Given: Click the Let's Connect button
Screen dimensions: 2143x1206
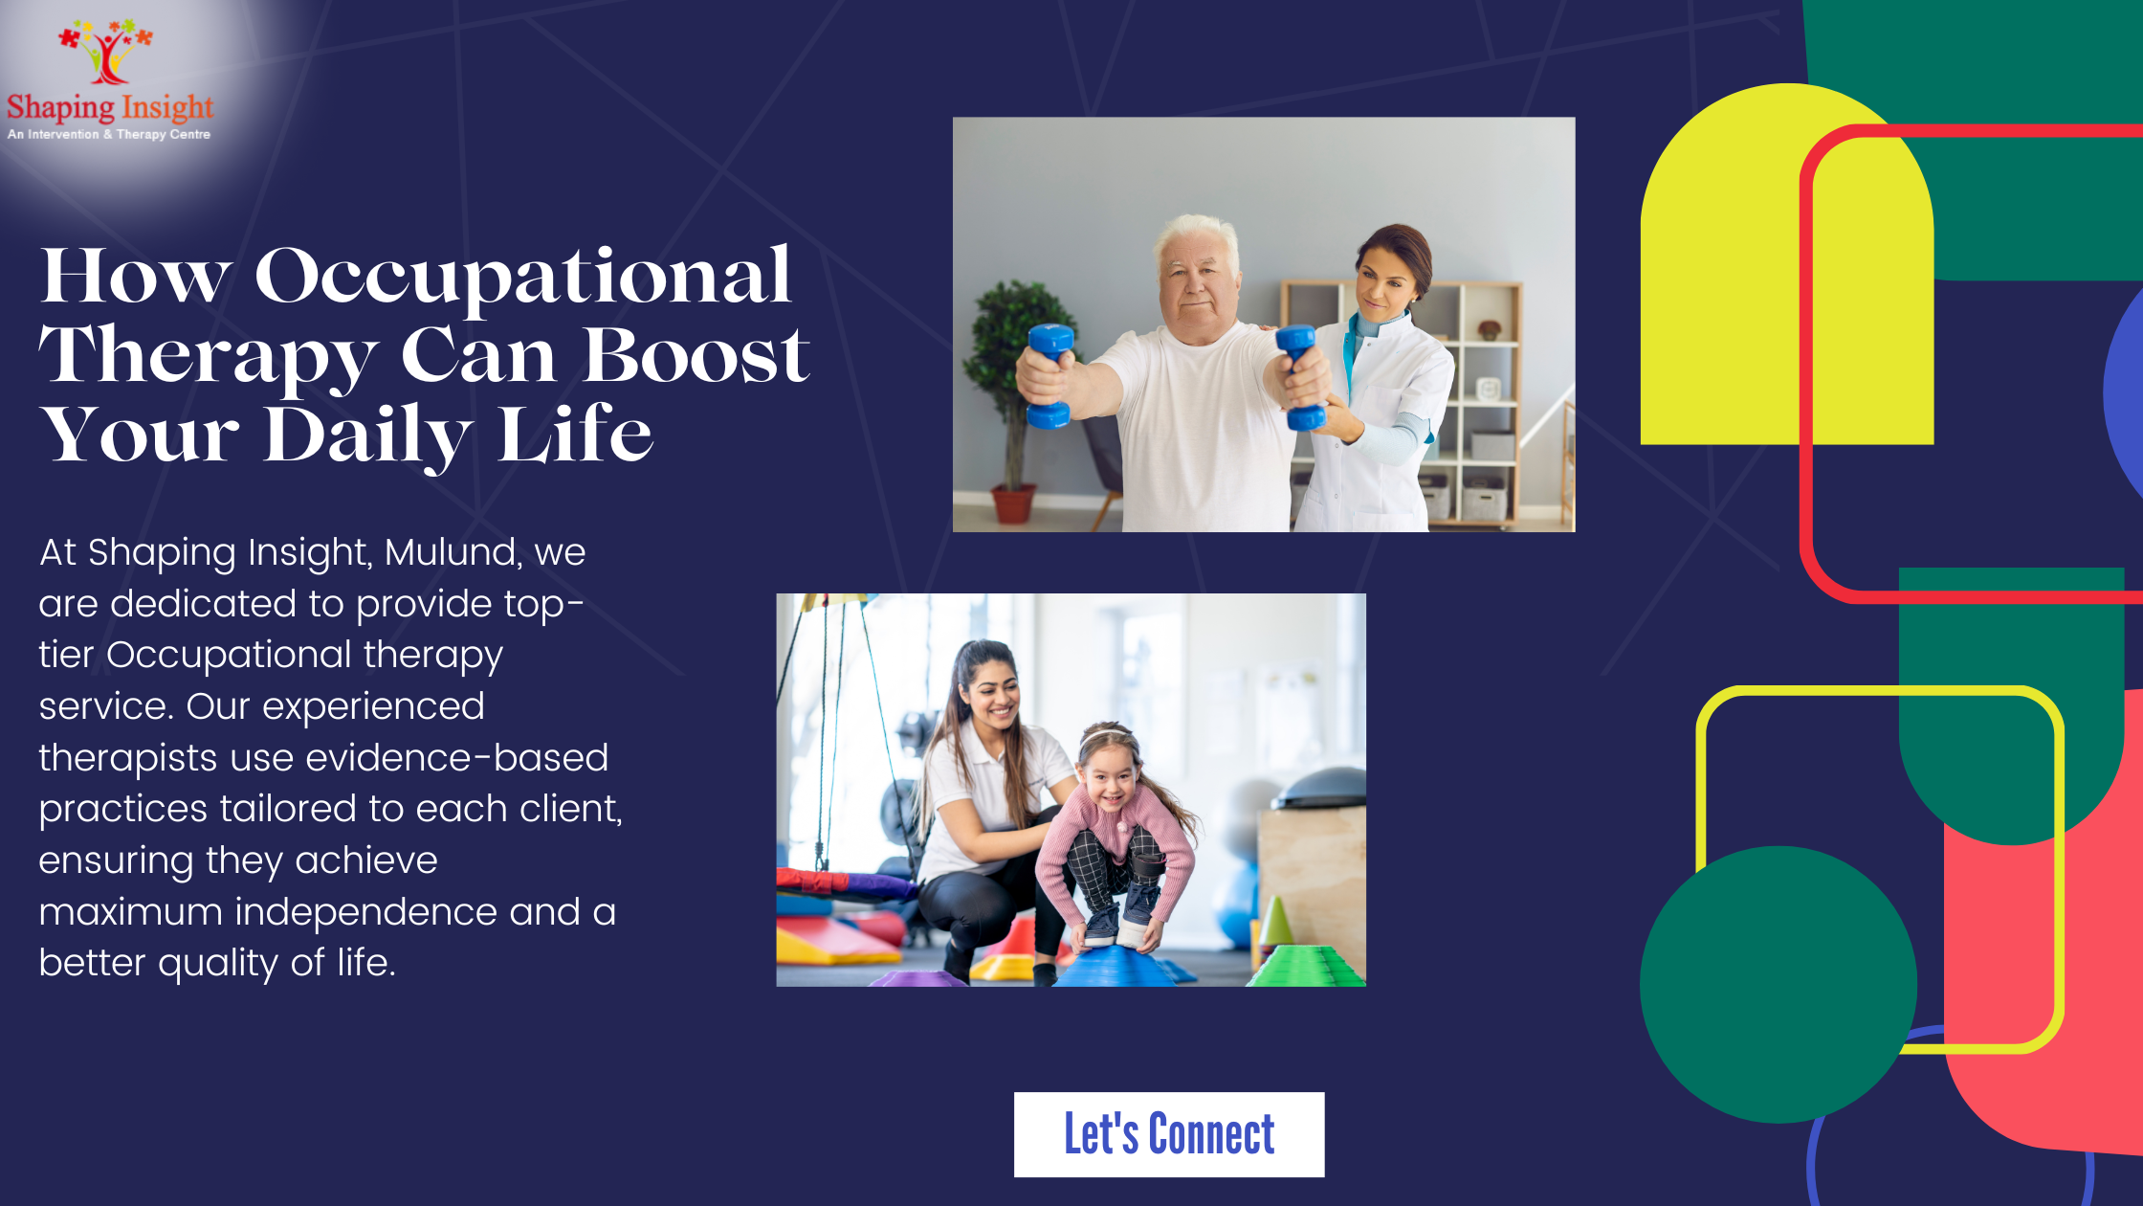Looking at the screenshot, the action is tap(1169, 1134).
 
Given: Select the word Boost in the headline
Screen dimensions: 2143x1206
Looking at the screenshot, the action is tap(696, 355).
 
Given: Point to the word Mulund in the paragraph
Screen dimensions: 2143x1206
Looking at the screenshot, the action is tap(453, 553).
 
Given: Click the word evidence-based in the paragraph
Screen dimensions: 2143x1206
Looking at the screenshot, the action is tap(457, 758).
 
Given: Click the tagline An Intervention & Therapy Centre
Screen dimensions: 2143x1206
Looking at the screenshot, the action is tap(109, 135).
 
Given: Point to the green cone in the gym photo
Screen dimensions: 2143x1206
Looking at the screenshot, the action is tap(1274, 922).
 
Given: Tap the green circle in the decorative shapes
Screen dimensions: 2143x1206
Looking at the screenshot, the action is tap(1778, 984).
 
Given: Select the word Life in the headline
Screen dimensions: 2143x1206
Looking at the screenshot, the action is tap(575, 435).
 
